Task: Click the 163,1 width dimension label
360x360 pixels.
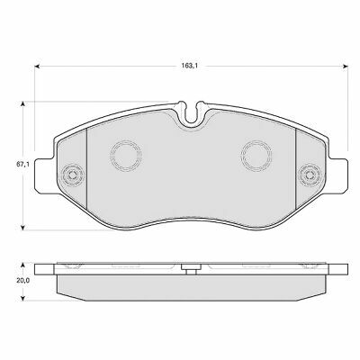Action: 190,66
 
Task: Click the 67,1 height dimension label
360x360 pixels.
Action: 22,165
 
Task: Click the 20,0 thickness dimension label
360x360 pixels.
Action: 22,281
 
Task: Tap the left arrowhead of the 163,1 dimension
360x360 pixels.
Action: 37,66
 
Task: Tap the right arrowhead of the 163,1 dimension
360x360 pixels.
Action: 346,66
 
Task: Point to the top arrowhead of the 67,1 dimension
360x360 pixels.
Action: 22,103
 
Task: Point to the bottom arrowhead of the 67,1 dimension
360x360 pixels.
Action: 22,228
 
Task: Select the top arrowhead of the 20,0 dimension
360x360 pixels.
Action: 22,265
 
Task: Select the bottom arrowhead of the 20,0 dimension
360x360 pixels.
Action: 22,299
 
